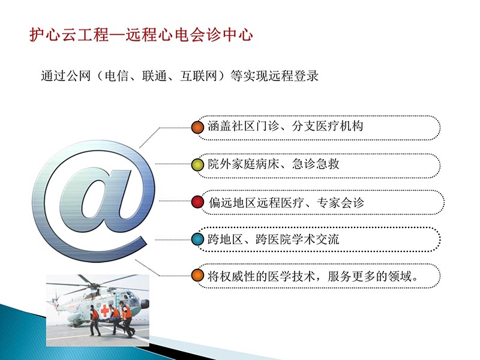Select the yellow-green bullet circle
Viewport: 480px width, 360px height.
click(x=197, y=164)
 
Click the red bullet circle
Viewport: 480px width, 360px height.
click(x=197, y=202)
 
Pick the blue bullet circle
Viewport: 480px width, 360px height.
click(x=197, y=239)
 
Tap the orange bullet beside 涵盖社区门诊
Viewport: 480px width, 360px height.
click(x=197, y=127)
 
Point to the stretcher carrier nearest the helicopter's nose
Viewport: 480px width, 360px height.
click(x=127, y=318)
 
